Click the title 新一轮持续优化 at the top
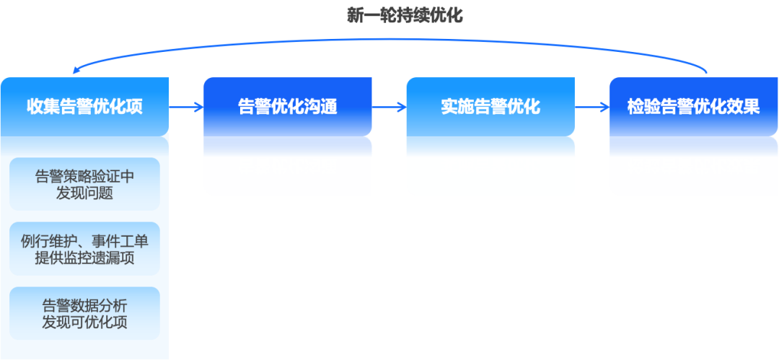(x=405, y=15)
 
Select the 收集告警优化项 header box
(x=84, y=107)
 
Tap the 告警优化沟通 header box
(x=288, y=107)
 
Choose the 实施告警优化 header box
(x=490, y=107)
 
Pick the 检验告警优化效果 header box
(x=693, y=107)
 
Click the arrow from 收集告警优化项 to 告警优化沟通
(x=186, y=107)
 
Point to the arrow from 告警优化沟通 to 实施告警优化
(x=389, y=107)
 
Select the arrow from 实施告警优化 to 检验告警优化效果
(x=592, y=107)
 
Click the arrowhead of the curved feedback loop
(x=76, y=71)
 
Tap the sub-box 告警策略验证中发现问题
(x=84, y=184)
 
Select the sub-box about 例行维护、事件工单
(x=84, y=249)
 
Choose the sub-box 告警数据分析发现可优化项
(x=84, y=313)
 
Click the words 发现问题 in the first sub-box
(x=84, y=193)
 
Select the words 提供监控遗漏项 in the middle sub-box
(x=84, y=258)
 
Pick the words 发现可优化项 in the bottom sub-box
(x=84, y=322)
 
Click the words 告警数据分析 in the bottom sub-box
(x=84, y=304)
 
